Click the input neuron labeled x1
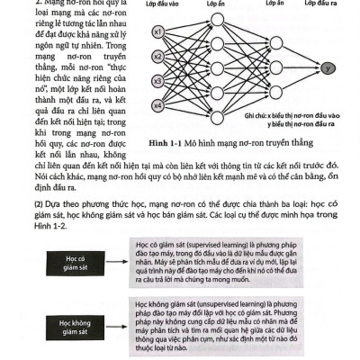point(157,34)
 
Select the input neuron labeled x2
point(157,56)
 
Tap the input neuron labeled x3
point(157,79)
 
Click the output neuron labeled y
point(327,68)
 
